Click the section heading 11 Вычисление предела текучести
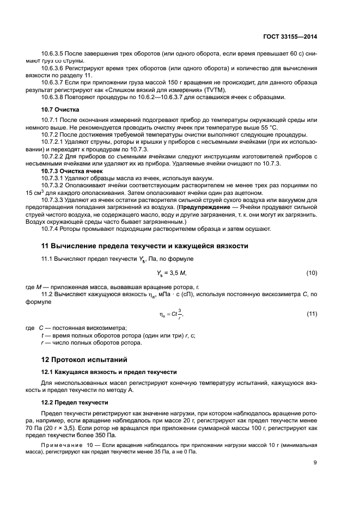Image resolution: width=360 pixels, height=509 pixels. point(145,246)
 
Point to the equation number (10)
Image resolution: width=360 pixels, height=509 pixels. point(311,273)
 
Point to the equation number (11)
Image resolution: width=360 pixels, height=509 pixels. point(311,314)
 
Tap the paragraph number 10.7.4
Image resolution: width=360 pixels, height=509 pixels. point(51,229)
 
